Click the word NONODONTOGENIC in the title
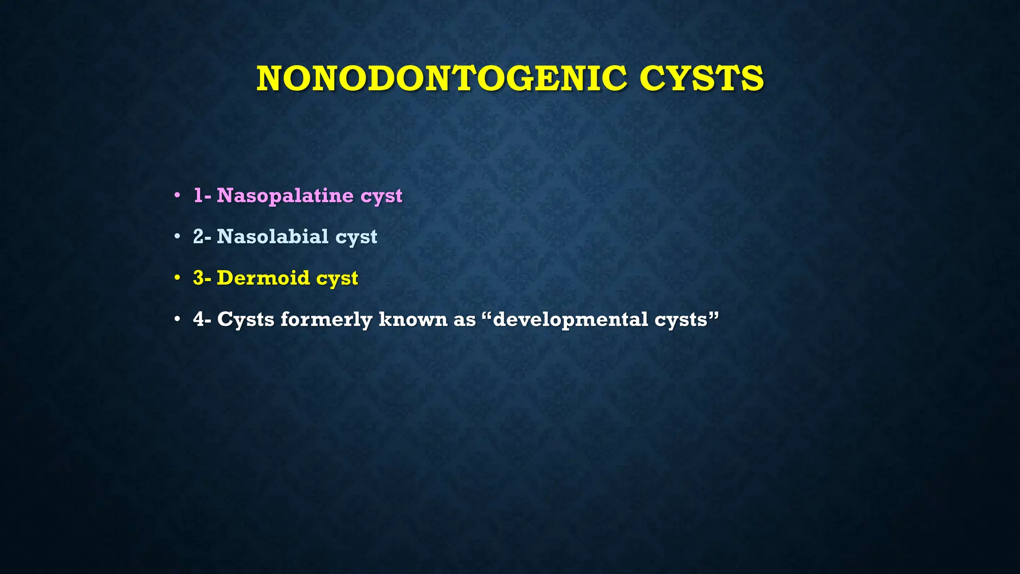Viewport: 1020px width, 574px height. point(442,79)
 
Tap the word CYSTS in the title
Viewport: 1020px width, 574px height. point(701,79)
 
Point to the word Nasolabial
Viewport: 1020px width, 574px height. point(272,236)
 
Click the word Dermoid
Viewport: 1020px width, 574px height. point(263,278)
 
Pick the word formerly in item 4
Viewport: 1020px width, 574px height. point(326,319)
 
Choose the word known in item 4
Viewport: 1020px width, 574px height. point(413,319)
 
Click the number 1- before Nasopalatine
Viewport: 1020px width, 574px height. point(202,195)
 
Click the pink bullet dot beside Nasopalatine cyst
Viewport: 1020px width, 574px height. point(177,195)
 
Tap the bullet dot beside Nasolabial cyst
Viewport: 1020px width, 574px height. point(177,236)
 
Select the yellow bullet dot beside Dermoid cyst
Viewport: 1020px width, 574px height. point(177,278)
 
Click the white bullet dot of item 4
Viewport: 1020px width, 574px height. point(177,319)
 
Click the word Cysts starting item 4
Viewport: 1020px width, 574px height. point(246,319)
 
